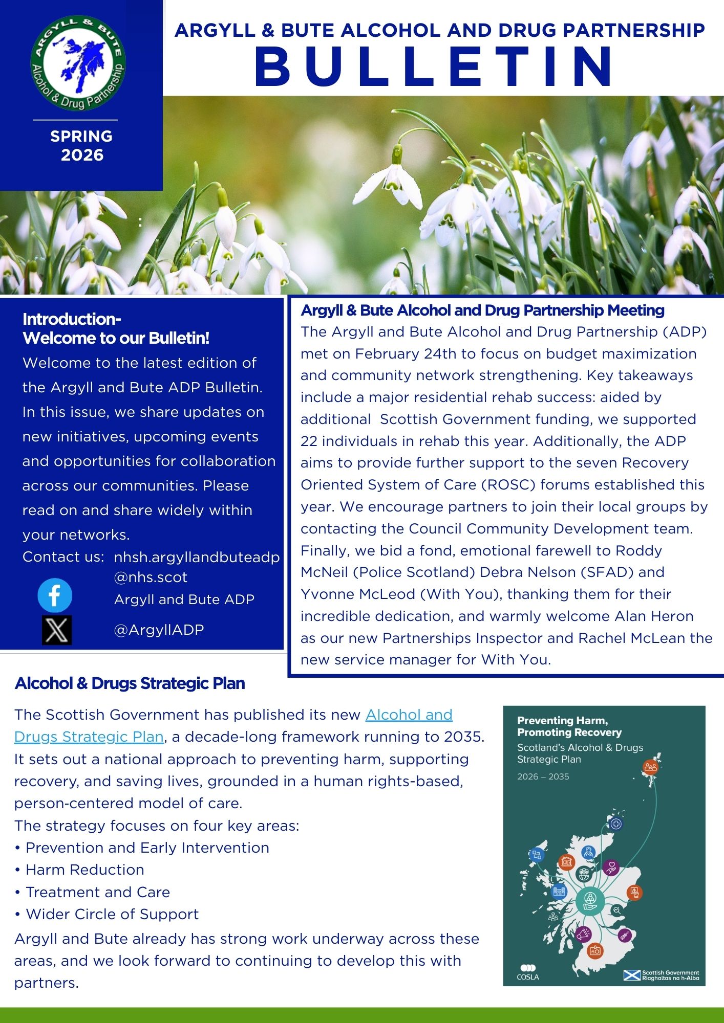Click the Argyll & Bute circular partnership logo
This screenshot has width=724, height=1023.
78,63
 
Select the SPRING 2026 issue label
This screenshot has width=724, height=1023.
81,145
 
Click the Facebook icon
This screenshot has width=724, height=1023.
55,595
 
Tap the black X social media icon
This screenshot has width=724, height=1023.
56,630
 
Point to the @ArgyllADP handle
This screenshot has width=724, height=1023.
159,630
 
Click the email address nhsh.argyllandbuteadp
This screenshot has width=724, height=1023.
197,557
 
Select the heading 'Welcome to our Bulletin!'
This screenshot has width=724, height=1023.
116,338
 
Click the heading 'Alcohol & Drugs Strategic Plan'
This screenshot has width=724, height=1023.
130,683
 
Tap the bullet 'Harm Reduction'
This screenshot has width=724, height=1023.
84,870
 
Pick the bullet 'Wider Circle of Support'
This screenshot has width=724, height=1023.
112,914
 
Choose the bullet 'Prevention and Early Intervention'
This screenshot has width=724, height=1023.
147,848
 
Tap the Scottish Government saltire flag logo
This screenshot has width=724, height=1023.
632,975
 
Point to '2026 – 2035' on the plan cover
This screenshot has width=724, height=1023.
543,776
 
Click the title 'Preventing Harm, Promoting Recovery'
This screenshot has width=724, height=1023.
569,726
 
